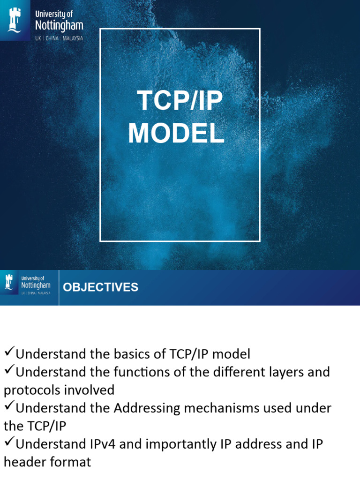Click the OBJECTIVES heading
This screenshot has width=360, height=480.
[100, 287]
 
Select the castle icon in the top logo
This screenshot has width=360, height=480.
[15, 20]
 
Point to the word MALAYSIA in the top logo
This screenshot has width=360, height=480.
[73, 38]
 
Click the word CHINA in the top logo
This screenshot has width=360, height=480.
[52, 38]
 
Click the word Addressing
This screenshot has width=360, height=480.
[147, 409]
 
